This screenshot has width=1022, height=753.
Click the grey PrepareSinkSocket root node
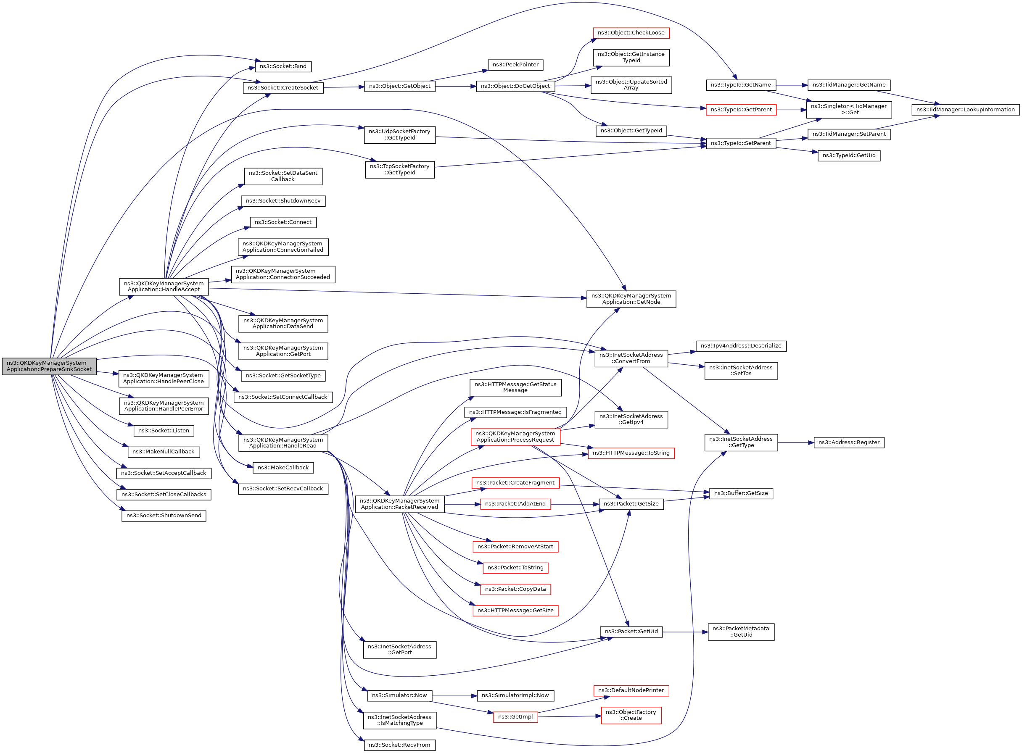[x=49, y=366]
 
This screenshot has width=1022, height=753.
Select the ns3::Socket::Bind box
[x=283, y=66]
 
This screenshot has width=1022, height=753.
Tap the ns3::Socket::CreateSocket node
[x=283, y=88]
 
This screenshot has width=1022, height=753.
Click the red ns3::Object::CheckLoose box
[x=631, y=33]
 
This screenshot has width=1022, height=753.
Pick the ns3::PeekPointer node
[x=515, y=65]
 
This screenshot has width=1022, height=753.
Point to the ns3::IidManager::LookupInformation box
[x=965, y=110]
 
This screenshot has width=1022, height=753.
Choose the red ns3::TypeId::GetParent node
[x=741, y=110]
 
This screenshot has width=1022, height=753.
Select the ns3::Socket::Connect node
[x=283, y=222]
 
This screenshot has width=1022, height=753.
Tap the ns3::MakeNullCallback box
[x=163, y=452]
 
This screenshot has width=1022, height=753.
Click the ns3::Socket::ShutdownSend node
[x=164, y=516]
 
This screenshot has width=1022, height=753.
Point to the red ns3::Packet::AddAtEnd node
[x=515, y=504]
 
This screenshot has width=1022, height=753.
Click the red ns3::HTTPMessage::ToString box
[x=631, y=453]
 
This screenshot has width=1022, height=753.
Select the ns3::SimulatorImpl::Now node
[x=515, y=695]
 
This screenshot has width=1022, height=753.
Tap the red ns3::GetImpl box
[x=515, y=717]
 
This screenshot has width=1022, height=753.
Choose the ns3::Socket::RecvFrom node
[x=399, y=745]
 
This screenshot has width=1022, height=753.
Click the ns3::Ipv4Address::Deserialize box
[x=741, y=346]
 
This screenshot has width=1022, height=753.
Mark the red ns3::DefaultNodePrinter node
[x=631, y=690]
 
